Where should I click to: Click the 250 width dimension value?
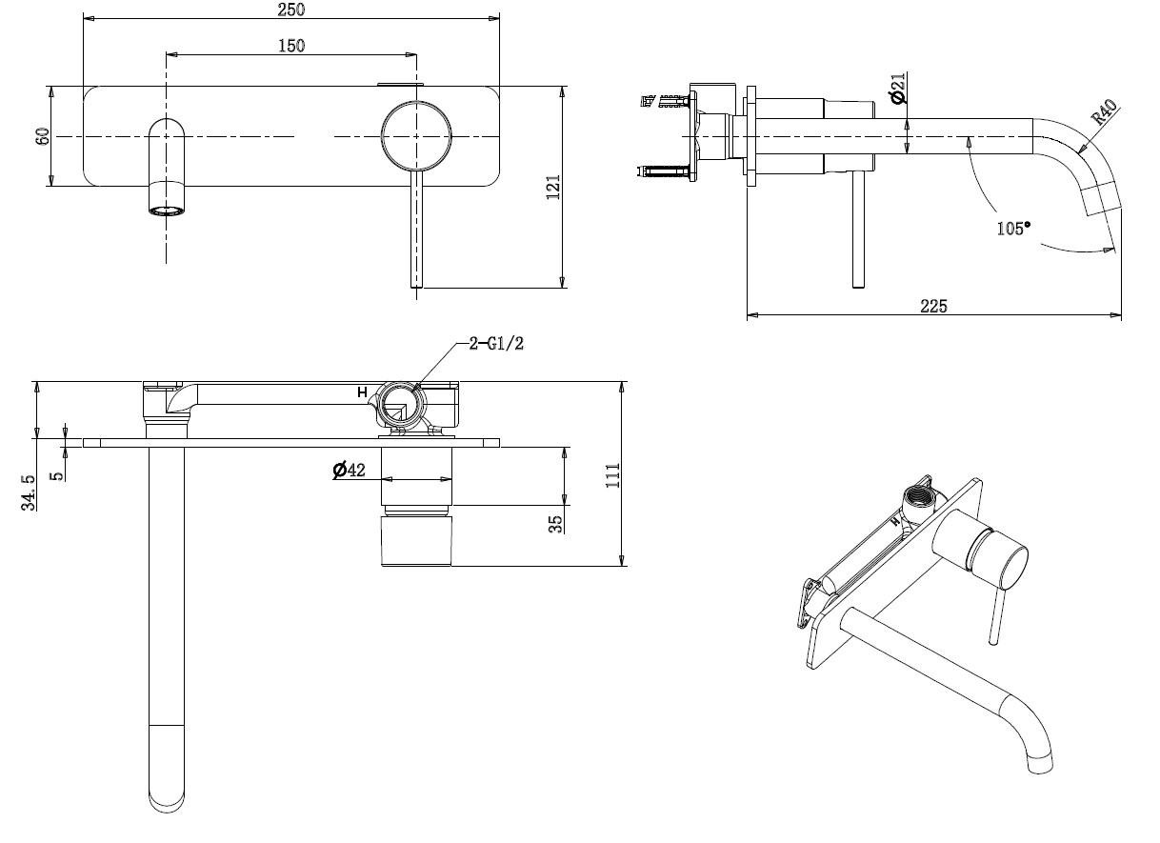pos(290,9)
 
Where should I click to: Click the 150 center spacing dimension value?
pos(290,45)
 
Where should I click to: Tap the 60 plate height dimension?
pos(42,136)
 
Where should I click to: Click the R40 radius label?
pos(1104,112)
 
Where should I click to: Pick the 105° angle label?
pos(1013,229)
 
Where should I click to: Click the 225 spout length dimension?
pos(933,305)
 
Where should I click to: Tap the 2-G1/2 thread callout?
pos(496,344)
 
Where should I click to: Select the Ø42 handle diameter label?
pos(350,470)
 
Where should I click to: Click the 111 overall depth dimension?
pos(612,474)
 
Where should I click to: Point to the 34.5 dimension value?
pos(30,492)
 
